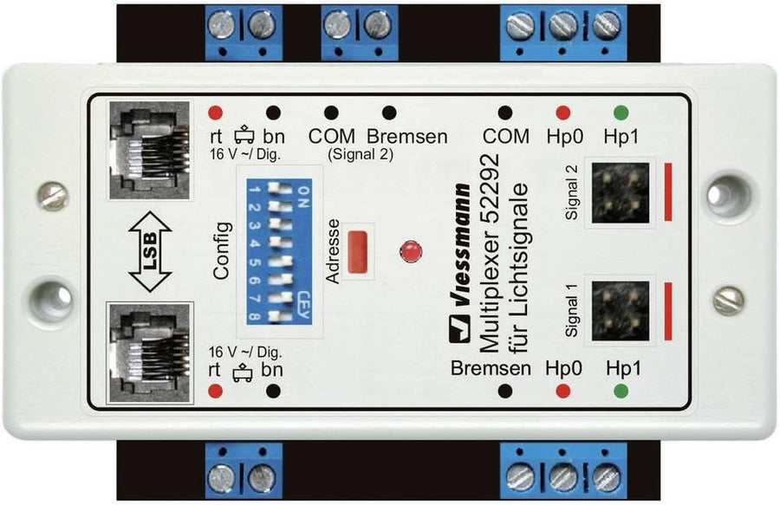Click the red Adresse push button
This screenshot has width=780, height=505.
coord(358,251)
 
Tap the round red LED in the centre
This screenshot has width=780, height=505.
coord(411,251)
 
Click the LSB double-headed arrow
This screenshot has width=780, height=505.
coord(150,251)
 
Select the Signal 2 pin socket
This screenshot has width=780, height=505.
coord(621,192)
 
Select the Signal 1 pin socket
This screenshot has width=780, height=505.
coord(621,311)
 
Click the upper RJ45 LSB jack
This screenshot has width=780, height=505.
coord(149,150)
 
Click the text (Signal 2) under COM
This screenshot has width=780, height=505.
coord(361,154)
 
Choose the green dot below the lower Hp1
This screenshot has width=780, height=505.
coord(621,392)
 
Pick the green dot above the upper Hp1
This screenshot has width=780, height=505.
coord(621,113)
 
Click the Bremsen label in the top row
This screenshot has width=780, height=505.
coord(407,136)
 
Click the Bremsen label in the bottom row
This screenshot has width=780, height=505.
coord(491,368)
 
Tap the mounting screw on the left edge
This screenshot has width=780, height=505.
coord(53,197)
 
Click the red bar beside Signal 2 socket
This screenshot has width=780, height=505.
coord(668,191)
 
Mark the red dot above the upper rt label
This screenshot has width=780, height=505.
coord(215,113)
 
